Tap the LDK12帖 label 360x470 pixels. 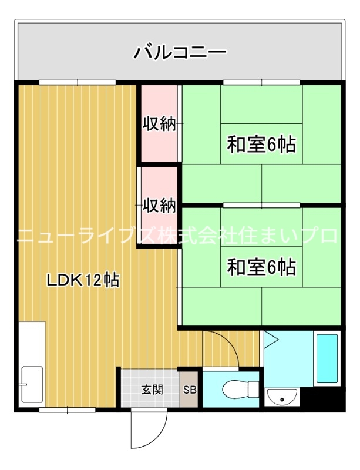[x=83, y=280]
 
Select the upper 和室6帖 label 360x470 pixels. [x=261, y=144]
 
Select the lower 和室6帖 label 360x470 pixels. [x=261, y=267]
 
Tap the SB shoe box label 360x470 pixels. [x=190, y=389]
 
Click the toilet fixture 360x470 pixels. [x=237, y=389]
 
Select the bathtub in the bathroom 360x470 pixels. [x=327, y=358]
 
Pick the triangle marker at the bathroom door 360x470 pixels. [x=271, y=338]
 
